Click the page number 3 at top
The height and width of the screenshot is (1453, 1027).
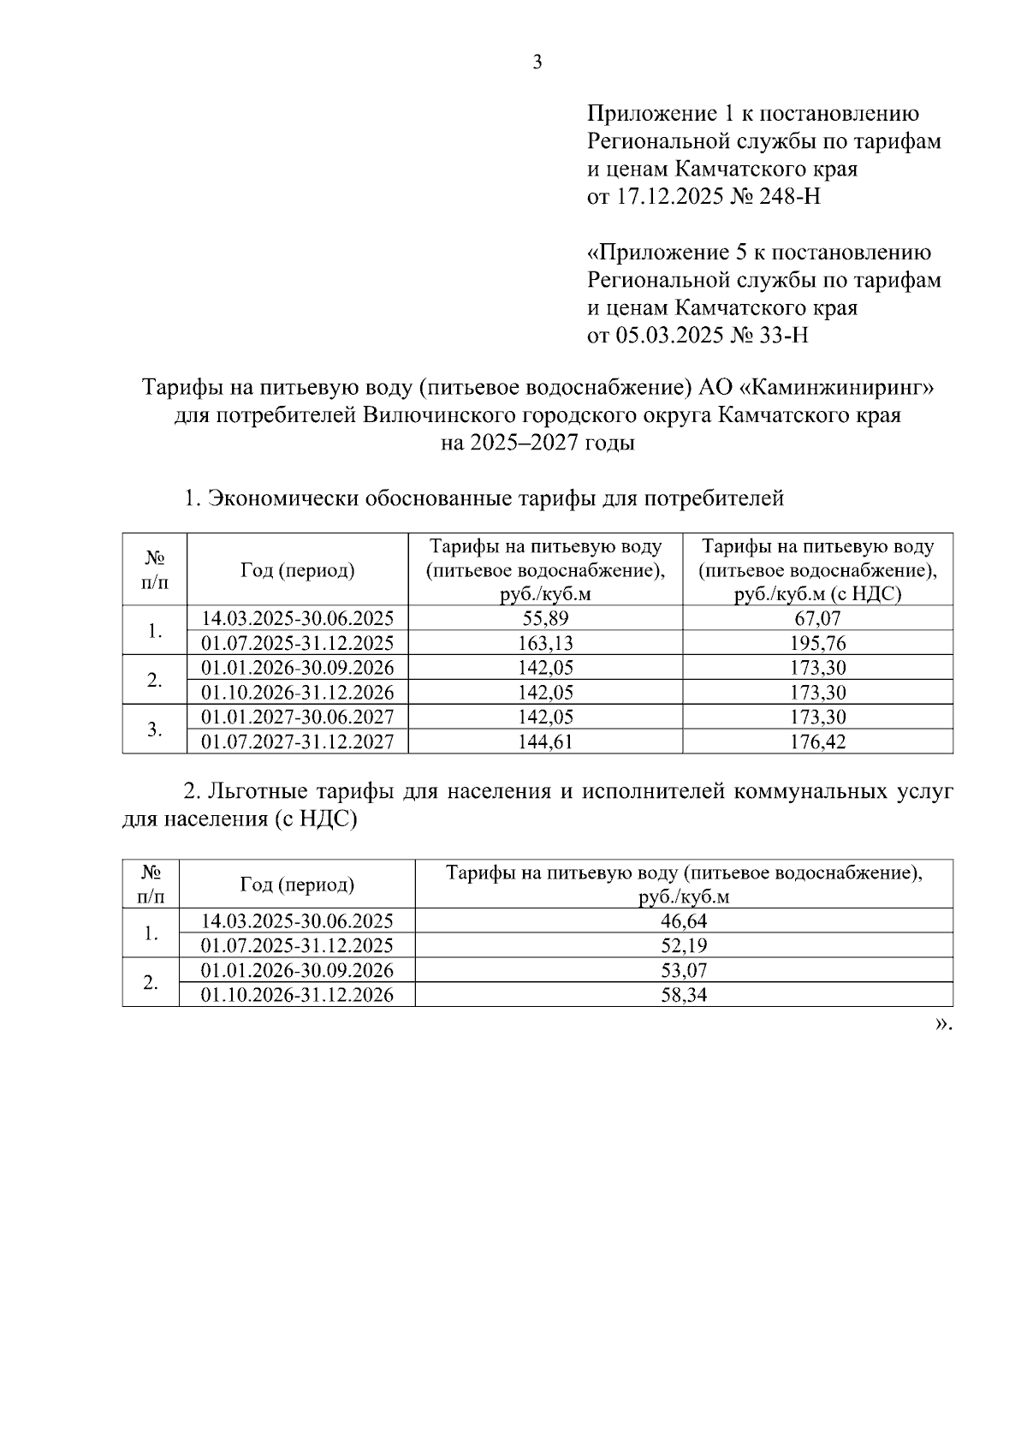point(537,63)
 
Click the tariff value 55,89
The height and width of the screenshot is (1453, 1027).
point(545,618)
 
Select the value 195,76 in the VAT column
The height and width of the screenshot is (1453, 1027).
point(817,643)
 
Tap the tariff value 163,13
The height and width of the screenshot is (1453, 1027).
point(545,643)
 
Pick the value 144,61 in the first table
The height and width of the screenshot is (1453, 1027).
point(545,741)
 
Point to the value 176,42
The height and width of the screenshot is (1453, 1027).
point(817,741)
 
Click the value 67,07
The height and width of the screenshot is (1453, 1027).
point(817,618)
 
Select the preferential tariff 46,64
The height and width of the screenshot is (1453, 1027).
point(684,921)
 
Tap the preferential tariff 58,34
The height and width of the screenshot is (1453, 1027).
point(684,995)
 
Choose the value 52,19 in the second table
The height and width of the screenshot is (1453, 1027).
point(684,946)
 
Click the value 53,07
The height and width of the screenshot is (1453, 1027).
point(684,970)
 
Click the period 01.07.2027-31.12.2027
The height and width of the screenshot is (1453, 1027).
point(297,741)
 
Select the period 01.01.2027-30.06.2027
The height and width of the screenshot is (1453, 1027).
point(297,717)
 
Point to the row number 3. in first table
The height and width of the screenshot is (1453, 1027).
point(154,729)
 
